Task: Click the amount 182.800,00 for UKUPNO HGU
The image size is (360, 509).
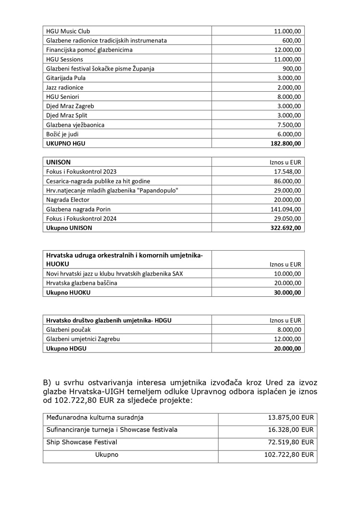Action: pyautogui.click(x=286, y=143)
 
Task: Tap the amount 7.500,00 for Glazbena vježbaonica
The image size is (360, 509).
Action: pyautogui.click(x=288, y=125)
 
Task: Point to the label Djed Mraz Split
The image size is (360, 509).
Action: pyautogui.click(x=67, y=115)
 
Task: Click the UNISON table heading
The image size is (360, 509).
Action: pyautogui.click(x=59, y=162)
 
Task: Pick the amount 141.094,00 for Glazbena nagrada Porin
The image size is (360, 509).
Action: pyautogui.click(x=286, y=209)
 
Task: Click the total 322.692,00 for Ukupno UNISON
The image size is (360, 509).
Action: pyautogui.click(x=286, y=228)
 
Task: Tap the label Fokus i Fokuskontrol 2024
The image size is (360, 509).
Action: pyautogui.click(x=81, y=218)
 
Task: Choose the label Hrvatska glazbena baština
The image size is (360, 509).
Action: pyautogui.click(x=81, y=283)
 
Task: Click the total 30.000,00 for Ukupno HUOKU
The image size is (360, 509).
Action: pyautogui.click(x=287, y=292)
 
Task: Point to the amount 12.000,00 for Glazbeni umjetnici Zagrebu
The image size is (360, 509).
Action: pyautogui.click(x=287, y=339)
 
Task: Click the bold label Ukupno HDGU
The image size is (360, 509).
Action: pyautogui.click(x=66, y=349)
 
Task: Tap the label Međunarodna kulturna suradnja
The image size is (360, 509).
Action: pyautogui.click(x=95, y=418)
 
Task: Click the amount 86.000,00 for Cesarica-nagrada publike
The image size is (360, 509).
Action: pyautogui.click(x=287, y=181)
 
